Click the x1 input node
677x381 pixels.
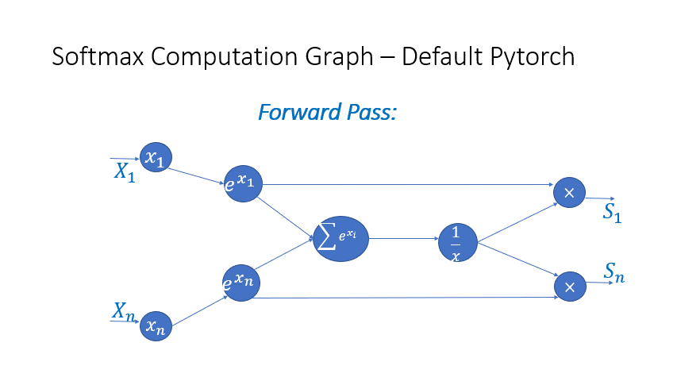pyautogui.click(x=156, y=158)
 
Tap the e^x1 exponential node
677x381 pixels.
pyautogui.click(x=243, y=183)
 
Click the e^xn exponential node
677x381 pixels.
pyautogui.click(x=241, y=281)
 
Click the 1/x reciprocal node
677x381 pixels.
pyautogui.click(x=458, y=243)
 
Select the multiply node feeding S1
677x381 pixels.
pyautogui.click(x=569, y=193)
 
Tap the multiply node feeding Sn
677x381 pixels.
pyautogui.click(x=569, y=287)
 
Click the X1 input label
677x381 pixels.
pyautogui.click(x=125, y=172)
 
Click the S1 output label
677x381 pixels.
pyautogui.click(x=612, y=212)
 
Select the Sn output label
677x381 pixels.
pyautogui.click(x=614, y=274)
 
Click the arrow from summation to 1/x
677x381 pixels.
pyautogui.click(x=405, y=238)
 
